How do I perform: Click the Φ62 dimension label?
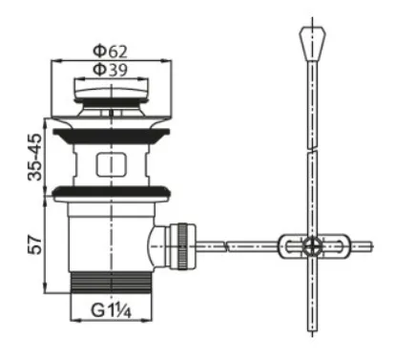coord(110,51)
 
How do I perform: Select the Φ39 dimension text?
coord(111,70)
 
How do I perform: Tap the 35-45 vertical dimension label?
coord(35,158)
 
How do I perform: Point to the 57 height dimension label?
coord(35,244)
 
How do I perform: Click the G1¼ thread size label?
coord(111,310)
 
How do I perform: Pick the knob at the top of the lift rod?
coord(313,44)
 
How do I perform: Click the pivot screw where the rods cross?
coord(312,246)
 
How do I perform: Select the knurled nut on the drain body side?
coord(183,246)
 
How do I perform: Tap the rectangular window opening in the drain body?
coord(112,164)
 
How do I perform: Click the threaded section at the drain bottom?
coord(111,282)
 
